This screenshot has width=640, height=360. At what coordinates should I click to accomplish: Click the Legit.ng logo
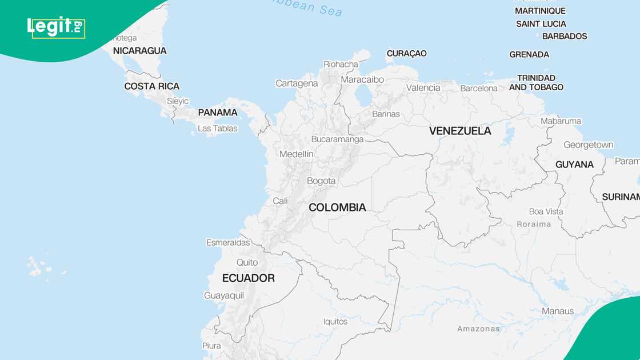coord(56,27)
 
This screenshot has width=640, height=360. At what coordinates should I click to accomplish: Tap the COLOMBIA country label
coord(337,207)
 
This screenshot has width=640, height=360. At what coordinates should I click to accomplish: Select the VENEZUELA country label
coord(460,131)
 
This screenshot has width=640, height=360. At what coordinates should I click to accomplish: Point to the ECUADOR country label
coord(248,278)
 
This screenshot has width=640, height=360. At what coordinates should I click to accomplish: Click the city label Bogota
coord(321,181)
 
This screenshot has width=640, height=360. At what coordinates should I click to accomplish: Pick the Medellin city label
coord(296,154)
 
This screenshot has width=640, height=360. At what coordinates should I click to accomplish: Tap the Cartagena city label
coord(297,83)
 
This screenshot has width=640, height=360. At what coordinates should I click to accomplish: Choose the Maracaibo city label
coord(362,79)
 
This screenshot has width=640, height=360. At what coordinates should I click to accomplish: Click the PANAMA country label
coord(218,113)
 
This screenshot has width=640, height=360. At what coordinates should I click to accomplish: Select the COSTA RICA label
coord(152,86)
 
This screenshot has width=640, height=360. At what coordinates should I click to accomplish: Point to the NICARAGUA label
coord(139,51)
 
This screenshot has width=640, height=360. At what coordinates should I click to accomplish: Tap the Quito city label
coord(247,262)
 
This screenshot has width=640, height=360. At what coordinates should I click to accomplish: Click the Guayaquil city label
coord(224,295)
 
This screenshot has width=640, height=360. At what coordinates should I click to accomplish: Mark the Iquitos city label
coord(335,322)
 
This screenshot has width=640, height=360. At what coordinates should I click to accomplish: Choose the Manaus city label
coord(558,311)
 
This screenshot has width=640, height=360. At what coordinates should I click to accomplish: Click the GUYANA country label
coord(574,165)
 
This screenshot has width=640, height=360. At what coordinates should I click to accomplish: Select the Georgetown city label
coord(588,145)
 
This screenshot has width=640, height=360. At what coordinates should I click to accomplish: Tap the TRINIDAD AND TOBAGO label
coord(536,82)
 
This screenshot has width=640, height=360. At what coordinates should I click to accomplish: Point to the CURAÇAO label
coord(407,54)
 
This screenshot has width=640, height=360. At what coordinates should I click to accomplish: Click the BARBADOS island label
coord(565,36)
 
